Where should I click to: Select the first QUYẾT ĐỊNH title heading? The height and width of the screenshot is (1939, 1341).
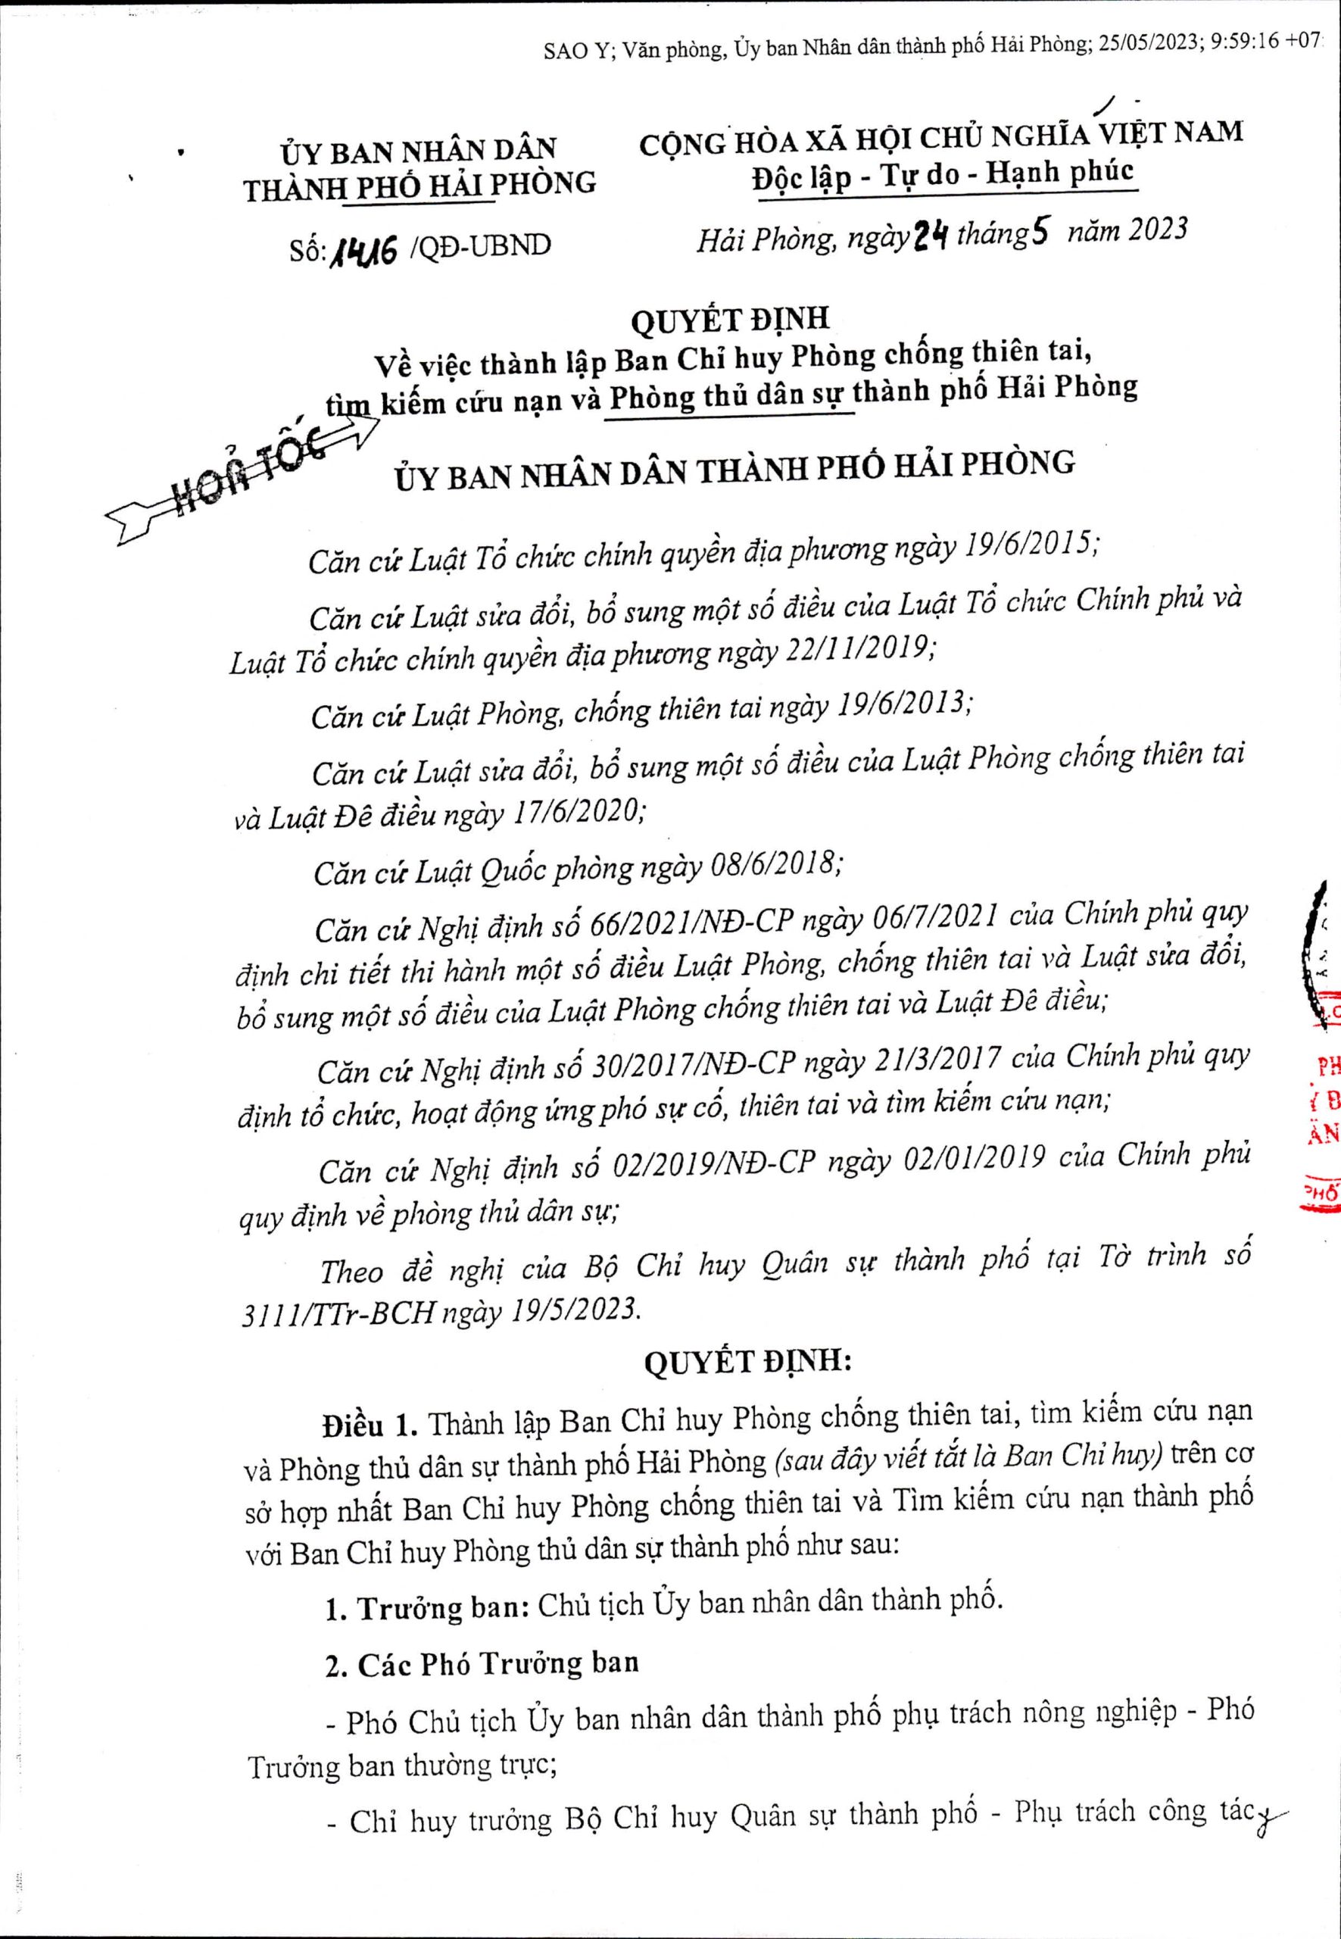pyautogui.click(x=729, y=320)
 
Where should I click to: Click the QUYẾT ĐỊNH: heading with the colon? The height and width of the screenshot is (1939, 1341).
pyautogui.click(x=747, y=1363)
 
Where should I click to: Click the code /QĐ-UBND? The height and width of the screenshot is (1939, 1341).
pyautogui.click(x=480, y=246)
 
